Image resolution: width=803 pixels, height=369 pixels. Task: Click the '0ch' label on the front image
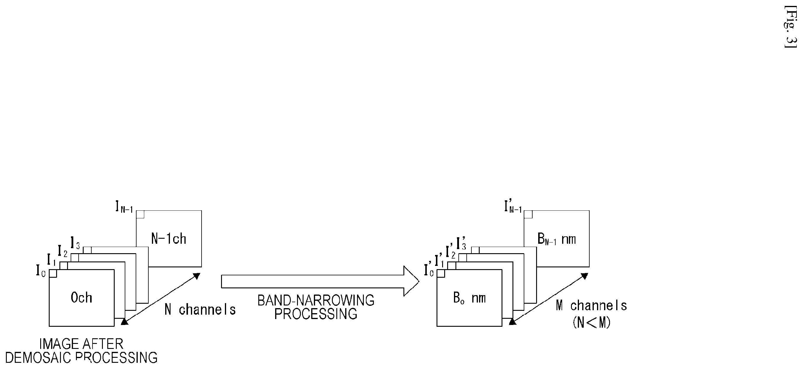81,298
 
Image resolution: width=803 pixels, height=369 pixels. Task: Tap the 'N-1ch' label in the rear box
169,239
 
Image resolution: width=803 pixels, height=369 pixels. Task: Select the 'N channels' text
200,310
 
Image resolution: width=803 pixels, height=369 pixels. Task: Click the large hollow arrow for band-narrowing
320,281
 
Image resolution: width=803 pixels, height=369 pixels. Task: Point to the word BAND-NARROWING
316,300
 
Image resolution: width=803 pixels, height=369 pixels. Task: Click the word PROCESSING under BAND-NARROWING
316,314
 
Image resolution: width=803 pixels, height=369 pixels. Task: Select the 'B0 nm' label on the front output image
469,298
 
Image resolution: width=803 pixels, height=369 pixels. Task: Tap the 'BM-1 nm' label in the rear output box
557,239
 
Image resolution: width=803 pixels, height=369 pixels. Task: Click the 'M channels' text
591,305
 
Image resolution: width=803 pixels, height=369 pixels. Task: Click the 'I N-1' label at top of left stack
124,207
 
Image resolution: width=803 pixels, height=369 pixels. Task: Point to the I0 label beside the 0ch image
41,271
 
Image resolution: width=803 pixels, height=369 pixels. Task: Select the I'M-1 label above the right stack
513,207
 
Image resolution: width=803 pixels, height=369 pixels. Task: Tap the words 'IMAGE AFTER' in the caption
81,344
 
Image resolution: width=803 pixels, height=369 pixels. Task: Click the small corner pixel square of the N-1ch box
140,214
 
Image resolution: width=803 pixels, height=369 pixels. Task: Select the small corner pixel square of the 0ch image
53,273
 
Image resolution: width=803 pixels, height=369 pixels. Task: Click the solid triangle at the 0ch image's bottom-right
124,321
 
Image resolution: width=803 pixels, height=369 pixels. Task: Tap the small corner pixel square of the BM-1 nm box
528,214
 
